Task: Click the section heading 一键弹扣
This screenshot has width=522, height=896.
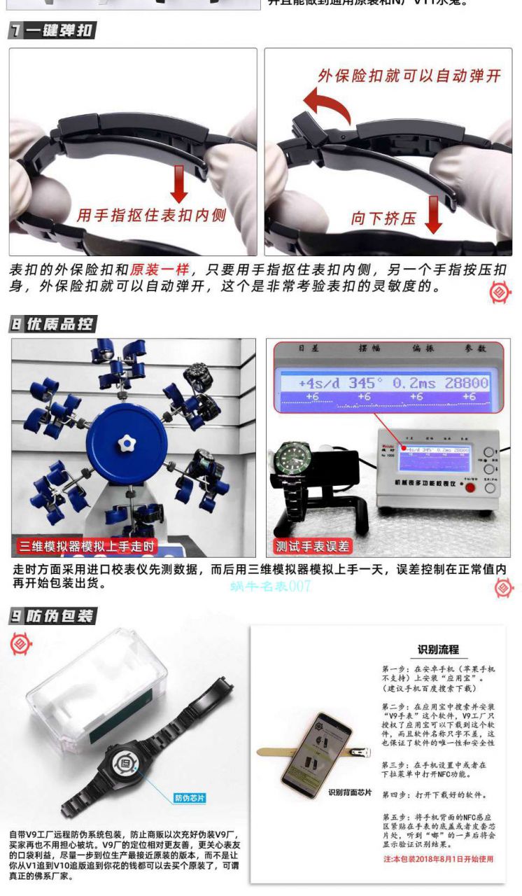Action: [x=52, y=30]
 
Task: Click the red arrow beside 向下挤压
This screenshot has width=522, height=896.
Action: [x=433, y=214]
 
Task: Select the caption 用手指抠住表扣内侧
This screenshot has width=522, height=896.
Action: [x=151, y=215]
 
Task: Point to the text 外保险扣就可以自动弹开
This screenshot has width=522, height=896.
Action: [x=409, y=76]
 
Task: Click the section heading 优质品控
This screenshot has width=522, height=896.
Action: [x=52, y=324]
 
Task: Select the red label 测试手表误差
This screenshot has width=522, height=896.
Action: [x=313, y=546]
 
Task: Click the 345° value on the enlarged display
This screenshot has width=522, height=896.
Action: [x=365, y=384]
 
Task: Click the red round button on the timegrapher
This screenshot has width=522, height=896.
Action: [x=470, y=487]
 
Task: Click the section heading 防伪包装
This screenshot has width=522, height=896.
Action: [x=52, y=616]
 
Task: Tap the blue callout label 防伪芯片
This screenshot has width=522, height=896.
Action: [x=190, y=798]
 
